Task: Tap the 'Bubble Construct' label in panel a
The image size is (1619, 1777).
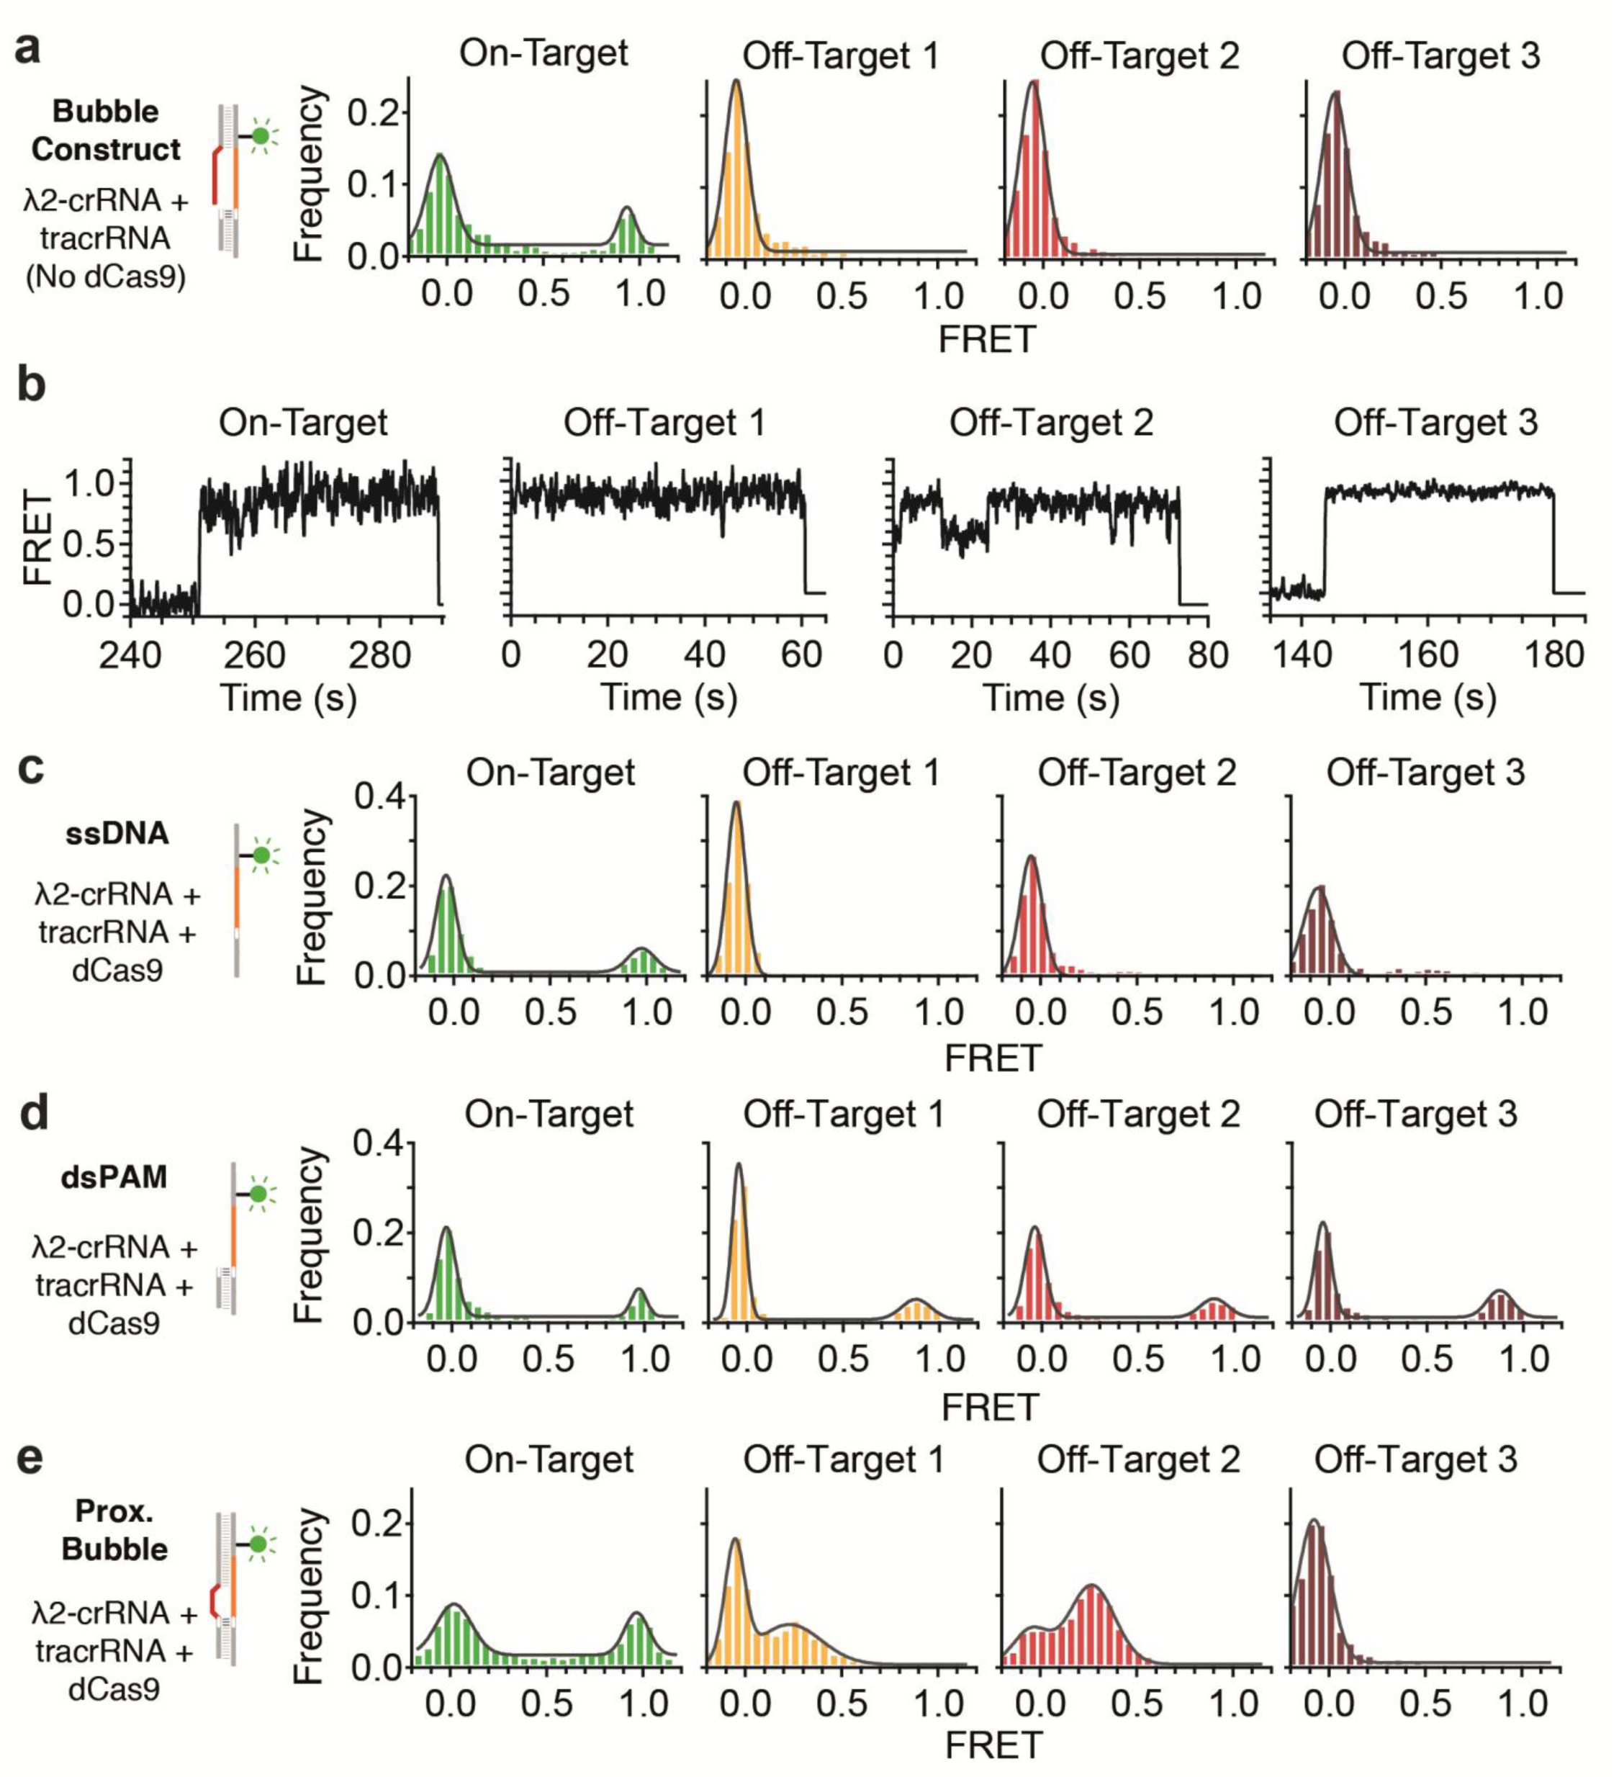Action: [x=106, y=130]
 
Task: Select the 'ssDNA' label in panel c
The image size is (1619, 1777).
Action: [x=117, y=833]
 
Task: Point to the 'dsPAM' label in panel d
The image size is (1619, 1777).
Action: [x=114, y=1177]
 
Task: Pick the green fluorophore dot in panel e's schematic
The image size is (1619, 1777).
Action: [x=257, y=1544]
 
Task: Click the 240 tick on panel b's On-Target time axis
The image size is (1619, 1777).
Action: [x=130, y=655]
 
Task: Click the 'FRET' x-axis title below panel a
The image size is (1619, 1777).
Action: [x=986, y=339]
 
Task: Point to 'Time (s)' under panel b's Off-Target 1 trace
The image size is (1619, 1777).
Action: [x=668, y=698]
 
